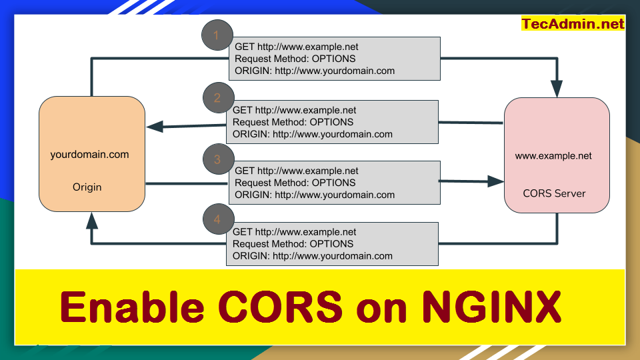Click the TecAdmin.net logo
click(573, 24)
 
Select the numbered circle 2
click(217, 98)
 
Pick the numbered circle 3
click(217, 159)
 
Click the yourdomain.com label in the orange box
click(89, 155)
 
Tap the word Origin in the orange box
click(87, 187)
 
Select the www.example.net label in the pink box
click(553, 156)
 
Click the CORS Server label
click(554, 193)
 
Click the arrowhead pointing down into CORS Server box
click(557, 88)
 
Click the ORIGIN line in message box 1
click(315, 71)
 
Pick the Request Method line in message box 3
click(295, 183)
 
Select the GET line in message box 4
click(295, 232)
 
